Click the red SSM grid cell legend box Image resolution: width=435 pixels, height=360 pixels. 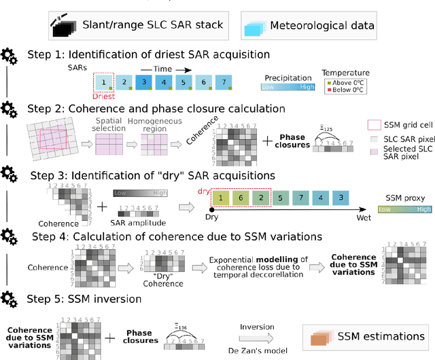pos(374,124)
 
